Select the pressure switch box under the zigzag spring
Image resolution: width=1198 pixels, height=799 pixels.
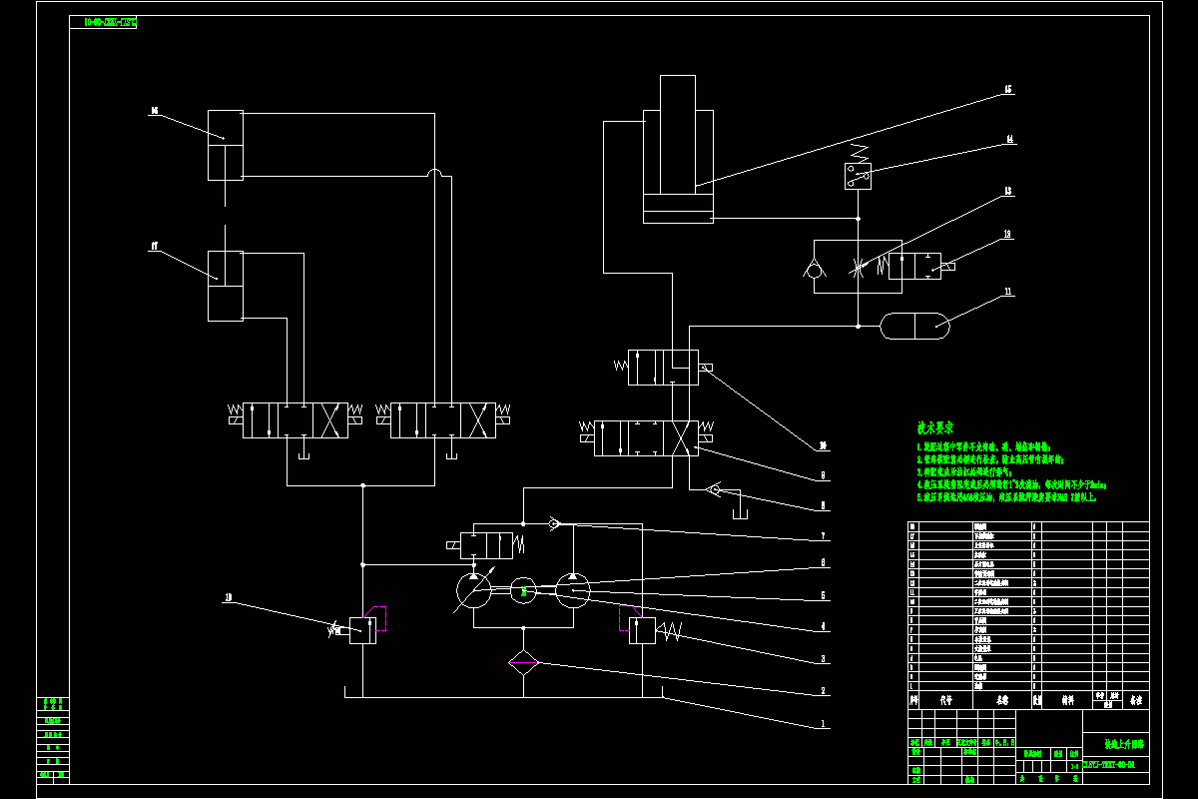857,176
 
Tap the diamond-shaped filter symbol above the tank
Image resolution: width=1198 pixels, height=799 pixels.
523,663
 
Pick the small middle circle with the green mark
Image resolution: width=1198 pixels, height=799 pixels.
523,591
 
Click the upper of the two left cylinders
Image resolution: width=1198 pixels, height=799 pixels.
226,146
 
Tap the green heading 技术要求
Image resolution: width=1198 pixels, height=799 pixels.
937,426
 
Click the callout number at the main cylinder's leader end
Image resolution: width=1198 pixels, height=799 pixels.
1008,90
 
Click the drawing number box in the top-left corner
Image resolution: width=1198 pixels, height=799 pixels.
104,22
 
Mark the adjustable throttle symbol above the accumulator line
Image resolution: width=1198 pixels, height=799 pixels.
858,267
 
